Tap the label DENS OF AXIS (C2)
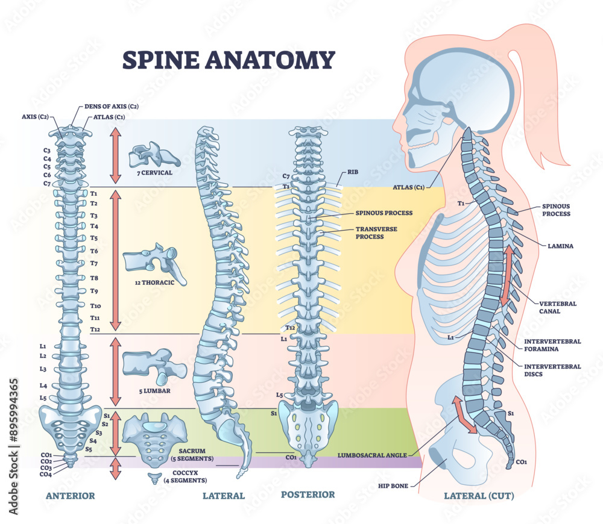[x=112, y=106]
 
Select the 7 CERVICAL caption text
[x=151, y=172]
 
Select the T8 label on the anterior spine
[x=94, y=278]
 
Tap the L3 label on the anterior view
[x=43, y=369]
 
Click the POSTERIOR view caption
[x=308, y=494]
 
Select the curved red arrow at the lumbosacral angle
[x=464, y=414]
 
